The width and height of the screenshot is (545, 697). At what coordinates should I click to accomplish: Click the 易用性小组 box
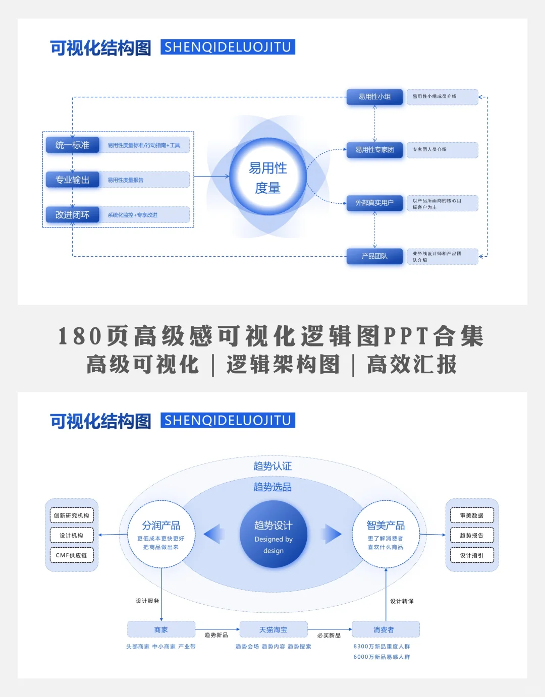[374, 97]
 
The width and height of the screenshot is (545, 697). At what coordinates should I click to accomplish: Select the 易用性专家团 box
[374, 150]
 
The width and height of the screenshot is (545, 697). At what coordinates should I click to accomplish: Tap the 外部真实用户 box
[374, 203]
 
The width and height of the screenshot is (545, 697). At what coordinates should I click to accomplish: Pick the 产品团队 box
[374, 256]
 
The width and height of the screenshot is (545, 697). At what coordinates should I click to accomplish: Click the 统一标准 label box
[72, 145]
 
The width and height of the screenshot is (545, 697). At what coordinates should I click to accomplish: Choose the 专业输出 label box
[72, 180]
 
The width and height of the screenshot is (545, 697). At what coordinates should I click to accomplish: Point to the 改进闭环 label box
[72, 215]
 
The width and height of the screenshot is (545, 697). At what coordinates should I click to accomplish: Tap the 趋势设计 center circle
[273, 535]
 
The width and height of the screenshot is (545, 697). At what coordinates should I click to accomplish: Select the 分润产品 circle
[161, 535]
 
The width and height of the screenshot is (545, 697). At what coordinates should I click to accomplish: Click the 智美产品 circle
[386, 535]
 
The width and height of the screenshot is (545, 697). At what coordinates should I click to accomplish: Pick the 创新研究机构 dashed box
[71, 515]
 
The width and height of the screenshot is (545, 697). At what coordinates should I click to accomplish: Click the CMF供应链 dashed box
[71, 555]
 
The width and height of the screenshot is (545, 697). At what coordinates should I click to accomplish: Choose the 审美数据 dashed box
[472, 515]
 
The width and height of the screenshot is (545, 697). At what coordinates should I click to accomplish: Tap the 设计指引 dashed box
[472, 555]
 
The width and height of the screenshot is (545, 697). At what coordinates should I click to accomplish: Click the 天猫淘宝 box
[273, 629]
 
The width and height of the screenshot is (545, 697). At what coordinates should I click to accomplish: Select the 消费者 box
[386, 629]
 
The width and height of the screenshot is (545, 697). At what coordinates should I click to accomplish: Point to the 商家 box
[161, 629]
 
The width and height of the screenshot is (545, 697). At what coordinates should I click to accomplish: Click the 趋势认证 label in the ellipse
[272, 466]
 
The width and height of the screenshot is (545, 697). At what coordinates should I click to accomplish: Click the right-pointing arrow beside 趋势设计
[331, 534]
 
